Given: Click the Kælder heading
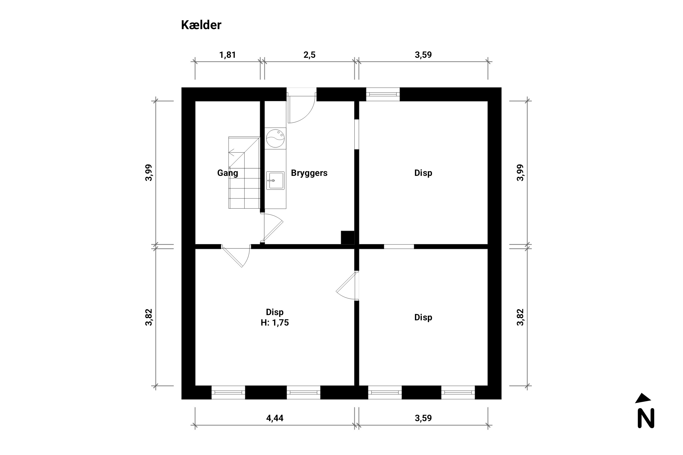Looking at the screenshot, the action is [201, 25].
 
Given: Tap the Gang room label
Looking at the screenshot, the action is [228, 173].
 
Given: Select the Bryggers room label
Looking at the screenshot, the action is [309, 173].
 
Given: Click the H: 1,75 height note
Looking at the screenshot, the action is [275, 323].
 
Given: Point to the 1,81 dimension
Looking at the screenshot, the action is [227, 55].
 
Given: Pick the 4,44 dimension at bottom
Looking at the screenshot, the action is [275, 418].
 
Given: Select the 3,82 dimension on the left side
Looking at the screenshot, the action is [149, 317].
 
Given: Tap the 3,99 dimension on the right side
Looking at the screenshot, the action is [520, 173].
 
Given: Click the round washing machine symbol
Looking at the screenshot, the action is [275, 138].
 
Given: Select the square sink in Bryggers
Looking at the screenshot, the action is [275, 180].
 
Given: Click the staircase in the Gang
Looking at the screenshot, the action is [244, 173].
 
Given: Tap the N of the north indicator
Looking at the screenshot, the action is [646, 418].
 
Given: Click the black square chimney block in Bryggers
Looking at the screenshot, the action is [348, 237].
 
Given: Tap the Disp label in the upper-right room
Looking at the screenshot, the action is [423, 173].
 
